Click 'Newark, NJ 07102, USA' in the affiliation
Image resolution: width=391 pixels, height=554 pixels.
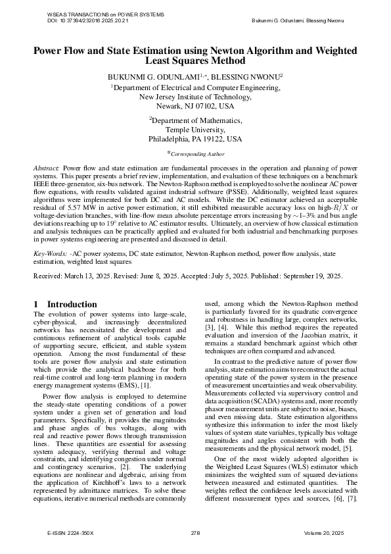click(195, 105)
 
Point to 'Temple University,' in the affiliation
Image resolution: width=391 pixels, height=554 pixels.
click(195, 130)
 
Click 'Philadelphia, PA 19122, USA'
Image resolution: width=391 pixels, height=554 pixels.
click(195, 139)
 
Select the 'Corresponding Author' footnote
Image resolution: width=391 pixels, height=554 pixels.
click(197, 154)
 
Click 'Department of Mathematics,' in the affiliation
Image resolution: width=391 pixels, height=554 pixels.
click(195, 120)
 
